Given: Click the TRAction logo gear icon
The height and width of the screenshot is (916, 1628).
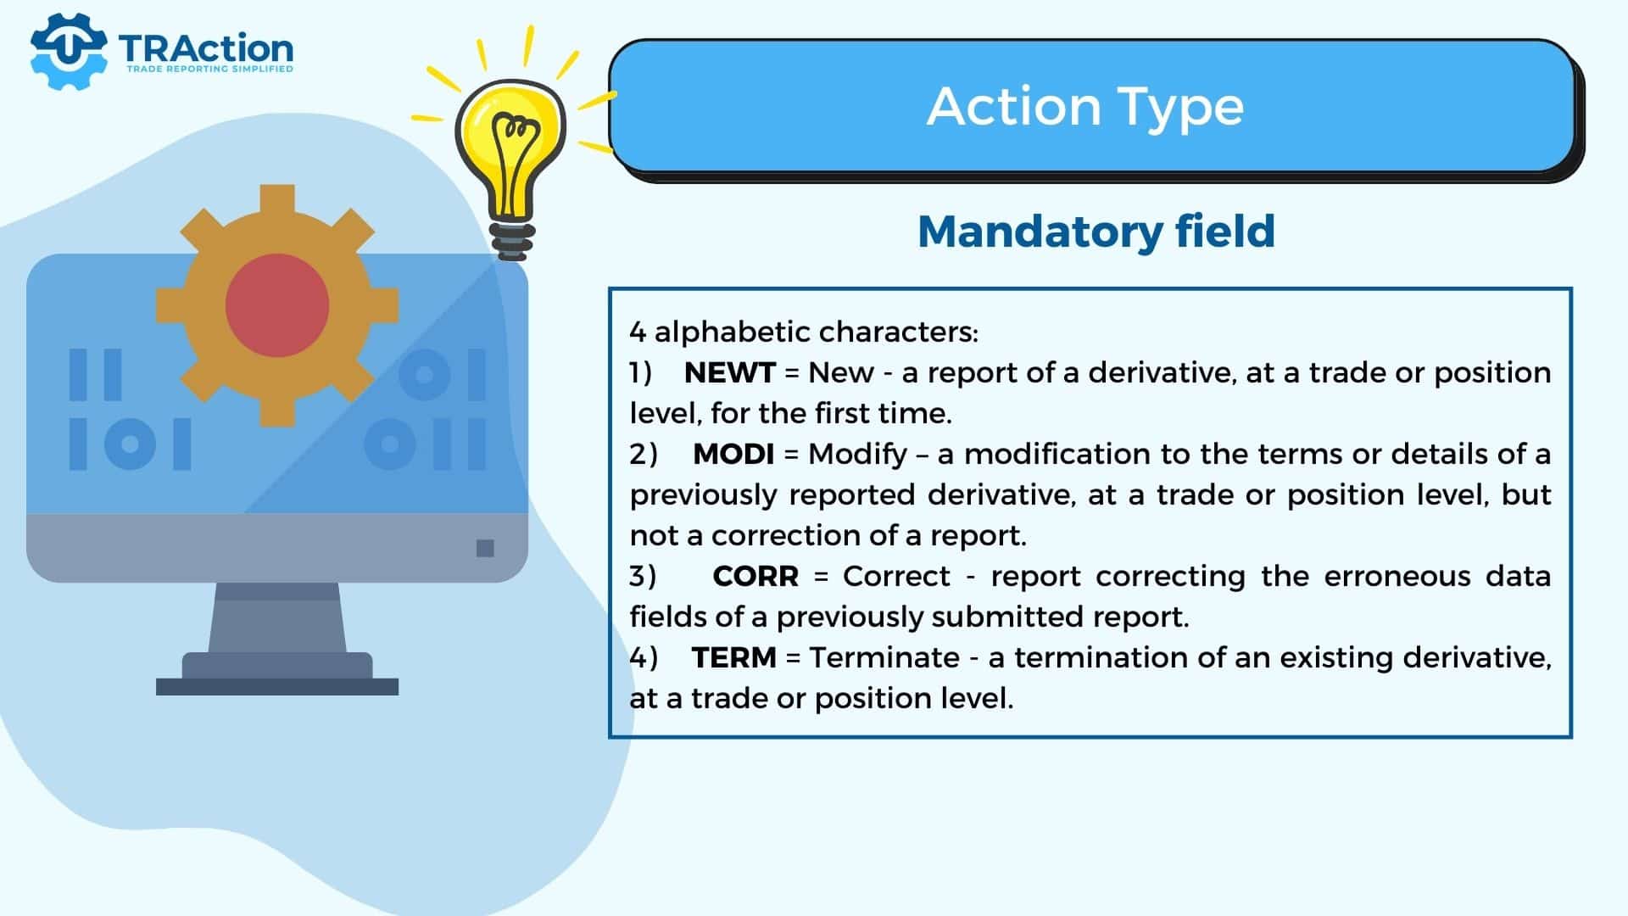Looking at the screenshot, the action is click(x=68, y=52).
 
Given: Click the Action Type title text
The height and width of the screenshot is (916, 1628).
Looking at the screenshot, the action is click(x=1085, y=108).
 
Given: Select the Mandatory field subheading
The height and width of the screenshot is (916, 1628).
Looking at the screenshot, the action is click(x=1096, y=231).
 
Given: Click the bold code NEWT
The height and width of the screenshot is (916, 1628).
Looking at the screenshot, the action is click(x=729, y=372).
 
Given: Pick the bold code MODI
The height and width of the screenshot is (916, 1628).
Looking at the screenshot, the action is click(x=733, y=454).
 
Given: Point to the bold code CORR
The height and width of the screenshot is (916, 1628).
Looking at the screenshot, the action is click(x=755, y=576).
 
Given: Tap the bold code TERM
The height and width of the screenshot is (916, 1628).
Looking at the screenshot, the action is click(x=733, y=657).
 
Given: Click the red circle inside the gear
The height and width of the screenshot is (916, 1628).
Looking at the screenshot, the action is click(x=277, y=304).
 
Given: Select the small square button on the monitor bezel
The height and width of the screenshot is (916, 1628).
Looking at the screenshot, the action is click(x=485, y=548).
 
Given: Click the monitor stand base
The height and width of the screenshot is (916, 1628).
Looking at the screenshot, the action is click(x=277, y=686).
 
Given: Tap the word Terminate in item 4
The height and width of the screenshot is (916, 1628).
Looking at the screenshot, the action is click(x=884, y=657).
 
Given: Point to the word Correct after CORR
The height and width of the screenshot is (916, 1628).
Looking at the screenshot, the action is click(x=896, y=576).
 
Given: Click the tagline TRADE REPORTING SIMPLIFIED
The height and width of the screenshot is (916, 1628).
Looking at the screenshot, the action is click(x=209, y=69).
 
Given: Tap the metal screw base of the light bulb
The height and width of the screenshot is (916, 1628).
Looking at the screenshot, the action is click(x=512, y=241).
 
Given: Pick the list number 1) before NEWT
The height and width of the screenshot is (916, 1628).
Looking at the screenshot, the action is click(x=640, y=373).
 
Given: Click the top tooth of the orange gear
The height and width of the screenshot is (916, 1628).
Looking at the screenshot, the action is click(x=277, y=200).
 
